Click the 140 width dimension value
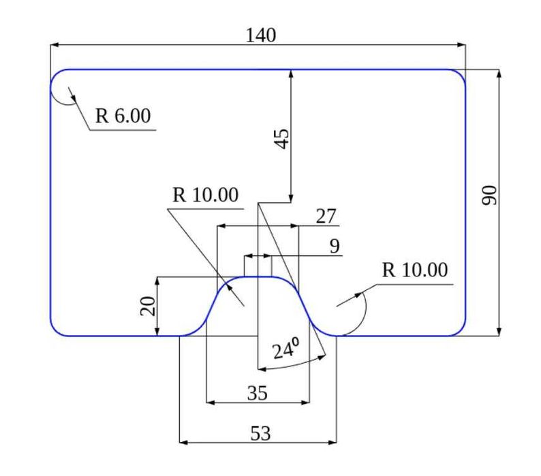coord(261,35)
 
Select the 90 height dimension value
coord(489,195)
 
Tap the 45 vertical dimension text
coord(282,139)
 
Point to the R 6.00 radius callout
coord(123,116)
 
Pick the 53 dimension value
coord(260,433)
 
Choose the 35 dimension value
coord(258,393)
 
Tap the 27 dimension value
coord(326,217)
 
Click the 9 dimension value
coord(335,247)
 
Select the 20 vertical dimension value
coord(148,306)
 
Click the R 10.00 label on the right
coord(415,270)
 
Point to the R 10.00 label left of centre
coord(205,195)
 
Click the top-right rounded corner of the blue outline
coord(461,74)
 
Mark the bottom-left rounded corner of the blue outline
coord(56,330)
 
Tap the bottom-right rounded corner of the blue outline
coord(461,330)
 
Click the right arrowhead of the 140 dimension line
coord(461,45)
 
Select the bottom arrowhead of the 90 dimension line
coord(498,331)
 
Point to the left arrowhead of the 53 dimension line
coord(184,442)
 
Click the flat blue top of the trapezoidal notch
coord(258,276)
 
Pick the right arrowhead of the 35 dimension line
coord(305,402)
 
